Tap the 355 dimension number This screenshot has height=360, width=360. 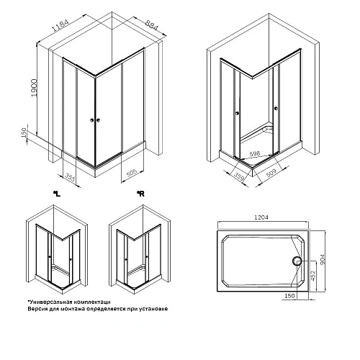tap(69, 176)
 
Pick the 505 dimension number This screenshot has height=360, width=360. tap(132, 172)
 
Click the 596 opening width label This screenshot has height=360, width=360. tap(255, 153)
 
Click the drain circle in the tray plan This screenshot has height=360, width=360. tap(297, 261)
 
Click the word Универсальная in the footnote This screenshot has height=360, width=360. tap(51, 302)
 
